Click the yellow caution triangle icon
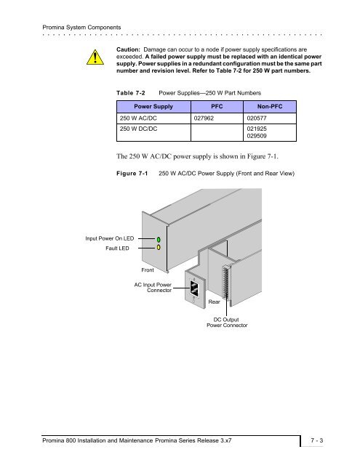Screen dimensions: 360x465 [95, 57]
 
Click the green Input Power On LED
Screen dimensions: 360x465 [159, 239]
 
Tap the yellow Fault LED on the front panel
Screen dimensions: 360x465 [159, 247]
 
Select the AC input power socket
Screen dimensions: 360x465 [194, 288]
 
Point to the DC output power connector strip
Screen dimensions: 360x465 [225, 281]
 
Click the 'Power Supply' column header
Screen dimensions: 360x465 [153, 107]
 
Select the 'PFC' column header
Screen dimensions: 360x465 [217, 107]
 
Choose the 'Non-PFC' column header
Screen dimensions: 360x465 [270, 107]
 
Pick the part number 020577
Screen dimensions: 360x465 [257, 118]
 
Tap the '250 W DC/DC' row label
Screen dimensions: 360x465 [139, 129]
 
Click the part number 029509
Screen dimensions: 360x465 [257, 136]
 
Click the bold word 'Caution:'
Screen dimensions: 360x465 [128, 49]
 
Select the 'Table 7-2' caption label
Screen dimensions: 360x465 [131, 93]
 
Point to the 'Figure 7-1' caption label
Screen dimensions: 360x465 [132, 173]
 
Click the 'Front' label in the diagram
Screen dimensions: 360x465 [148, 270]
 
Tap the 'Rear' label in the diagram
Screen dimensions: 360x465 [214, 302]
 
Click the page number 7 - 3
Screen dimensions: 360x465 [317, 440]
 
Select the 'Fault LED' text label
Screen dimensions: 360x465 [117, 248]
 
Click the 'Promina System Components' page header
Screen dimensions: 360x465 [81, 28]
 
